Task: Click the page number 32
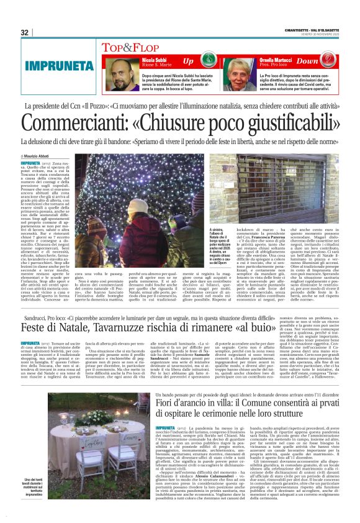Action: [25, 32]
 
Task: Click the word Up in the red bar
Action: [188, 61]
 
